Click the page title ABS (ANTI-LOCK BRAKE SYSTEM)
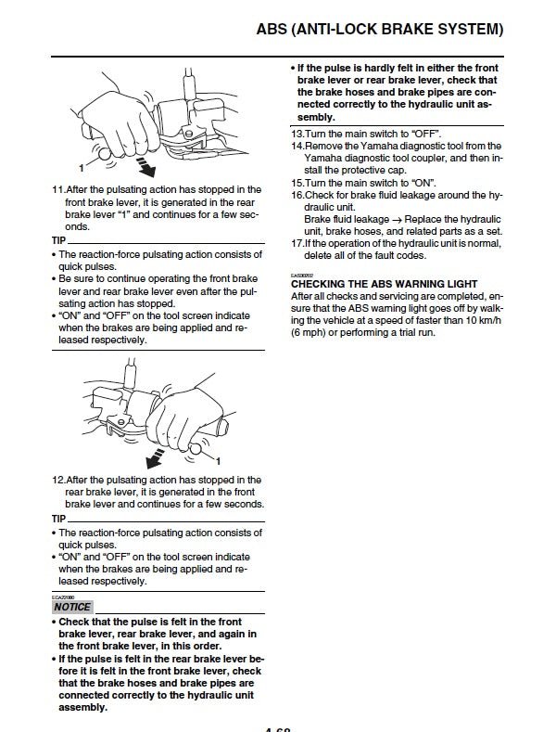tap(379, 31)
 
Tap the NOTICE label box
tap(72, 607)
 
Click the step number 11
tap(58, 189)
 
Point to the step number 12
tap(58, 480)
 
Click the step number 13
tap(297, 134)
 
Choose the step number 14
tap(297, 146)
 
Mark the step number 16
tap(297, 195)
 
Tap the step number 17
tap(297, 243)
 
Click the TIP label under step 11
tap(59, 239)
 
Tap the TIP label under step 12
tap(59, 518)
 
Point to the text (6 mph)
tap(312, 332)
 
